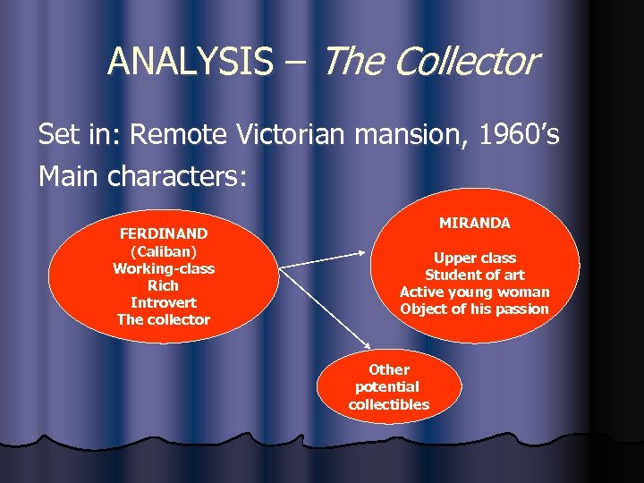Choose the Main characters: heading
pyautogui.click(x=142, y=176)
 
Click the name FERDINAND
pyautogui.click(x=164, y=233)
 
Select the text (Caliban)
pyautogui.click(x=164, y=251)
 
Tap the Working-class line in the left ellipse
pyautogui.click(x=164, y=268)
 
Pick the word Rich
pyautogui.click(x=164, y=285)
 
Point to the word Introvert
pyautogui.click(x=164, y=302)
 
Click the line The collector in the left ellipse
pyautogui.click(x=164, y=319)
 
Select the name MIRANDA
pyautogui.click(x=475, y=223)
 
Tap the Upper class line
pyautogui.click(x=475, y=258)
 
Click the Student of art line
pyautogui.click(x=475, y=275)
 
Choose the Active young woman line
pyautogui.click(x=475, y=292)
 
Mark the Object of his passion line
pyautogui.click(x=475, y=309)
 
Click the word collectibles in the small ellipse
pyautogui.click(x=389, y=404)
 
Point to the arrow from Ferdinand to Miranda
pyautogui.click(x=326, y=260)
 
